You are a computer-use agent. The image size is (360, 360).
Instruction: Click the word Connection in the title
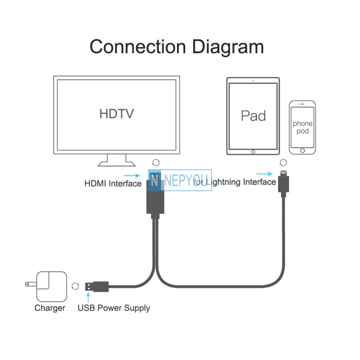tap(138, 47)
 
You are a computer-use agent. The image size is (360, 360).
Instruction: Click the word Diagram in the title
tap(228, 48)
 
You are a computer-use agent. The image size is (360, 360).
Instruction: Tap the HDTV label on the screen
tap(116, 114)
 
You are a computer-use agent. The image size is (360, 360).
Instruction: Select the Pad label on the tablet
tap(253, 116)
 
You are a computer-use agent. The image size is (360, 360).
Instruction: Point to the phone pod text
tap(302, 127)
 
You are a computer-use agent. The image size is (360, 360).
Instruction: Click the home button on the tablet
tap(253, 152)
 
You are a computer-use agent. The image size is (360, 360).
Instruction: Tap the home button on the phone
tap(302, 151)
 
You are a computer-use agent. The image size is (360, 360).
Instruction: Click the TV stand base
tap(117, 164)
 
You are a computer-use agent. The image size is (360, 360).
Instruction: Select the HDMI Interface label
tap(113, 184)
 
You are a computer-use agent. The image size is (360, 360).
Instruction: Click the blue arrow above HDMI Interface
tap(132, 176)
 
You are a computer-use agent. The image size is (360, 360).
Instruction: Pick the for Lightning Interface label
tap(234, 182)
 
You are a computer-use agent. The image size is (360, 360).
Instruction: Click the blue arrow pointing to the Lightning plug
tap(264, 174)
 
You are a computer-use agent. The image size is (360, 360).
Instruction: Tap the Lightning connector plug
tap(284, 184)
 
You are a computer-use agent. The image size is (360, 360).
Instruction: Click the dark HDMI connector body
tap(155, 196)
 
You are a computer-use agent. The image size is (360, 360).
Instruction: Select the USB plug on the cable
tap(97, 286)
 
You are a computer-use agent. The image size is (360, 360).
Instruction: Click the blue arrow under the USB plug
tap(88, 298)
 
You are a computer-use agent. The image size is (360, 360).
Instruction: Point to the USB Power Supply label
tap(114, 308)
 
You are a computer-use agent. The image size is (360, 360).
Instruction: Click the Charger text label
tap(50, 308)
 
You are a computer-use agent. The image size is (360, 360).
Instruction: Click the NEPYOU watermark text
tap(186, 180)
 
